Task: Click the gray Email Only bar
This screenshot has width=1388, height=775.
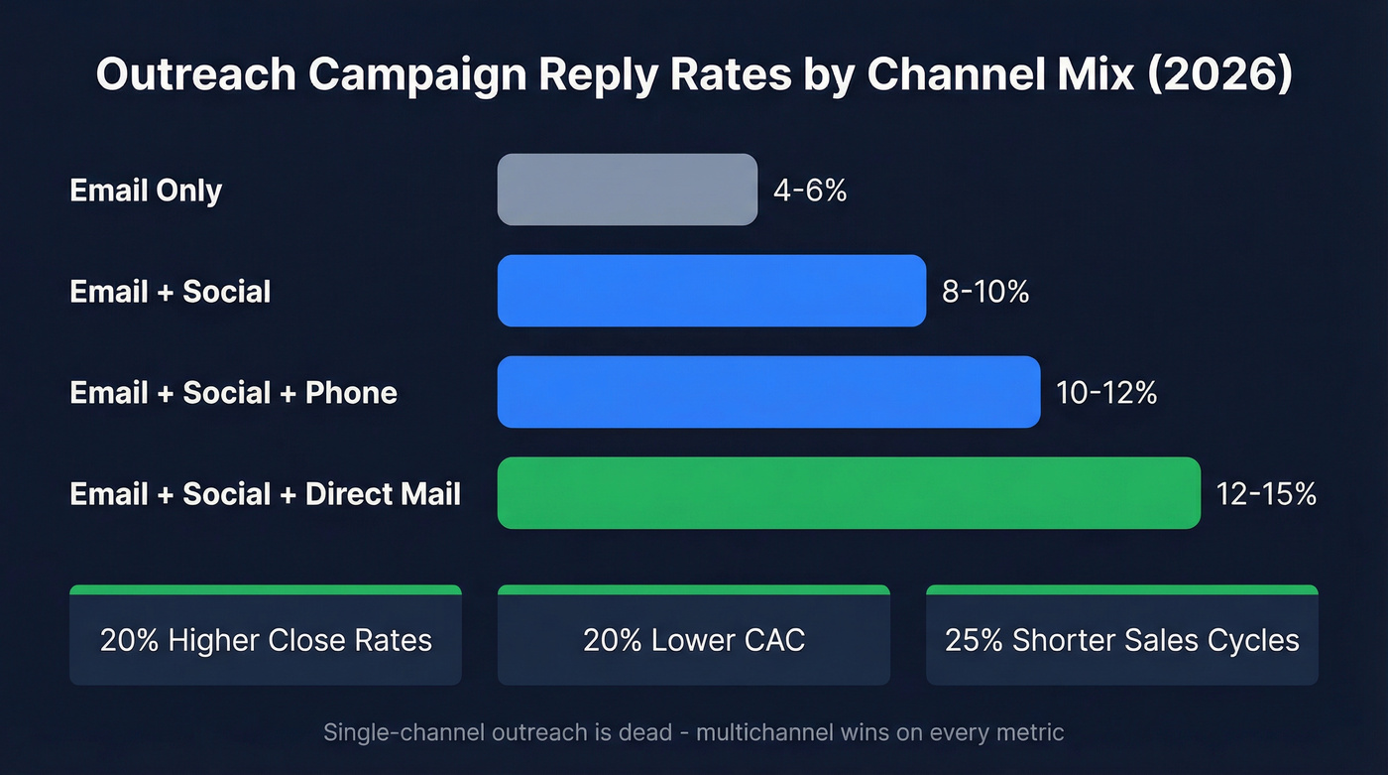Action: coord(627,190)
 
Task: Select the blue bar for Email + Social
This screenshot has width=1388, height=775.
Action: coord(711,291)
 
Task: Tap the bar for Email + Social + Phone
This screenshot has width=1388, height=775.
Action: coord(768,392)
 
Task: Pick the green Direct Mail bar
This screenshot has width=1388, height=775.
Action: coord(848,493)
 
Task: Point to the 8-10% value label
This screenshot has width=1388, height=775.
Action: coord(984,292)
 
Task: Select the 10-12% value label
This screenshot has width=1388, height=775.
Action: coord(1106,393)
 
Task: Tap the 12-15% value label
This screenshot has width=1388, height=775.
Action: coord(1266,494)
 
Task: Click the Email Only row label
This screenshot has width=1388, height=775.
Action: coord(146,190)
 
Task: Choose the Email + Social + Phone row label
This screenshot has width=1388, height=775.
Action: coord(233,393)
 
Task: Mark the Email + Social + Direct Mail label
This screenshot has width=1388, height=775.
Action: coord(265,494)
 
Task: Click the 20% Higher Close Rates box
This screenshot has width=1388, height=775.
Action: coord(266,638)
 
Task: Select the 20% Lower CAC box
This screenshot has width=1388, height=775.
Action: coord(693,638)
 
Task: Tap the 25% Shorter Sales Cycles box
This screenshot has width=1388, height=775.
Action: coord(1121,638)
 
